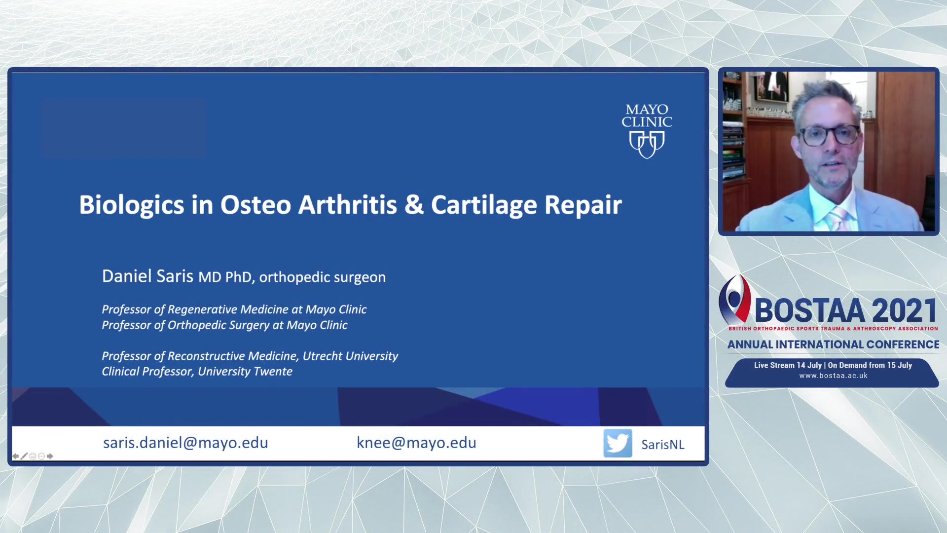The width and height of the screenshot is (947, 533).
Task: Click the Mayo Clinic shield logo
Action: click(647, 145)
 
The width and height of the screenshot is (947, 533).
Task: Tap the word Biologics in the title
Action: click(132, 205)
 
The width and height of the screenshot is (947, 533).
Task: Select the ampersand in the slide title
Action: click(414, 205)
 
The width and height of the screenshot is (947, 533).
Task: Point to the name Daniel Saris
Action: click(147, 276)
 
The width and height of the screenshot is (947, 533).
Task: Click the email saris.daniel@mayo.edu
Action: click(185, 443)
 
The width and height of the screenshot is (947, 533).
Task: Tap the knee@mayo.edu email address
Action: click(416, 443)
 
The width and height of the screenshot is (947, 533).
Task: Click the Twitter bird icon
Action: click(618, 443)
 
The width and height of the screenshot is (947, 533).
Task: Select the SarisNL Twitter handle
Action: click(662, 445)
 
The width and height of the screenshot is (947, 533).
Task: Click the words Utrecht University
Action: click(350, 356)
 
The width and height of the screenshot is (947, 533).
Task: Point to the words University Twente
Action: click(245, 372)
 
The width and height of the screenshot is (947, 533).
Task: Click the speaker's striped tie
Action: click(838, 219)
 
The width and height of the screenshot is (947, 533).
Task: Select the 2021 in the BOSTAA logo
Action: click(904, 310)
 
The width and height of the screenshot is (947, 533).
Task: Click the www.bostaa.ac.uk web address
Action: click(833, 376)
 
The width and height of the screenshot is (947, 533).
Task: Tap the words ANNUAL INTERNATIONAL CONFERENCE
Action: click(833, 344)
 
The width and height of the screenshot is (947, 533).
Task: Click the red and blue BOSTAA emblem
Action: click(734, 299)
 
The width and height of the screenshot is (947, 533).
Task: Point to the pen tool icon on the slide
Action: click(24, 456)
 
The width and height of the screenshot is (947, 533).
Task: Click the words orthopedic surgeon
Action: click(322, 277)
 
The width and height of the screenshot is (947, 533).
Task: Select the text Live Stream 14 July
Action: click(788, 365)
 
